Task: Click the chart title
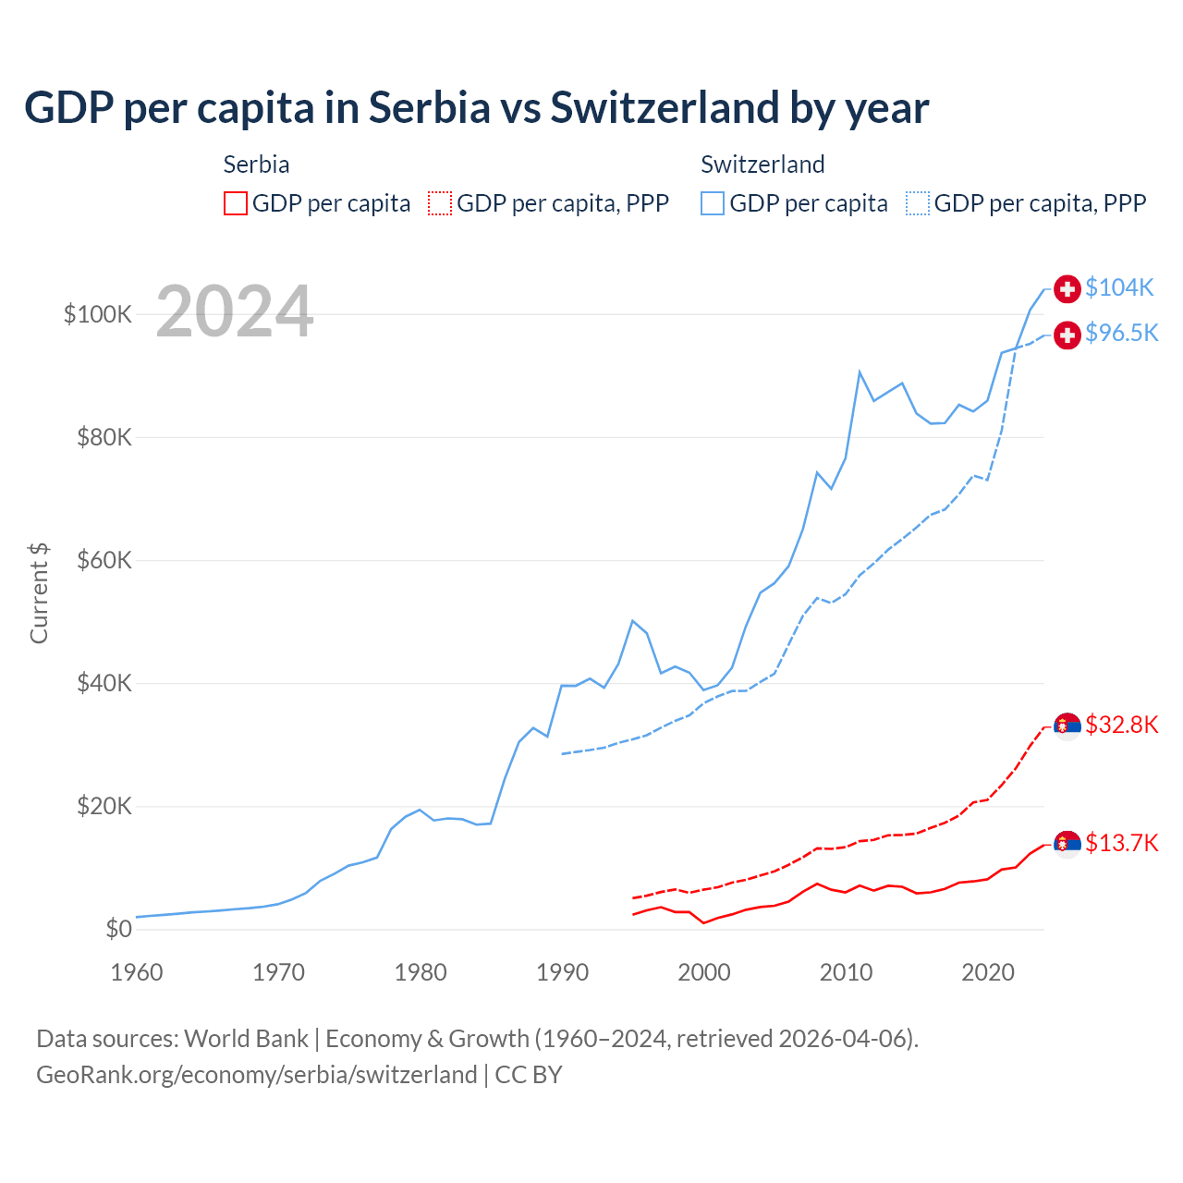pos(476,108)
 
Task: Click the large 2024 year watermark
pos(235,311)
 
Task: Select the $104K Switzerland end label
pos(1119,287)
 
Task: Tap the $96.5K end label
pos(1121,333)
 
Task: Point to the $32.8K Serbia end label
pos(1121,725)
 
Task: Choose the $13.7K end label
pos(1121,843)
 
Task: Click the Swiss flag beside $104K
pos(1067,288)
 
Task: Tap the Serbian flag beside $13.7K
pos(1067,844)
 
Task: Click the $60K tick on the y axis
pos(104,560)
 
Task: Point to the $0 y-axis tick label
pos(118,929)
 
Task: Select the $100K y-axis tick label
pos(98,314)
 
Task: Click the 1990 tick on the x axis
pos(562,972)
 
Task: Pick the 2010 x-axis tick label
pos(846,972)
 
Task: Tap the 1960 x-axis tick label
pos(137,972)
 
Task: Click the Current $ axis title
pos(39,592)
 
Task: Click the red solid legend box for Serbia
pos(236,203)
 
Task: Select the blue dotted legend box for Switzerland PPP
pos(918,203)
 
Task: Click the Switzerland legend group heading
pos(762,165)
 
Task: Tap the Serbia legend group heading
pos(257,165)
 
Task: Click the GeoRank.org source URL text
pos(257,1075)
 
